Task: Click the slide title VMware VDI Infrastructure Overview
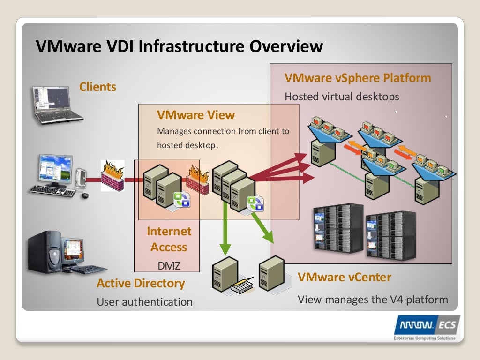[180, 46]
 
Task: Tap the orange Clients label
[97, 87]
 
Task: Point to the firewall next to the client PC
[112, 176]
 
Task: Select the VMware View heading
[196, 115]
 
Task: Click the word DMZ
[169, 266]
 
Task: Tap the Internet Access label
[169, 239]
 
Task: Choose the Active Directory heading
[141, 283]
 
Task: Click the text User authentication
[144, 302]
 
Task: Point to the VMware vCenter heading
[344, 277]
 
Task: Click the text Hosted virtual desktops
[342, 97]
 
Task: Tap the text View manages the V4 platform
[373, 299]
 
